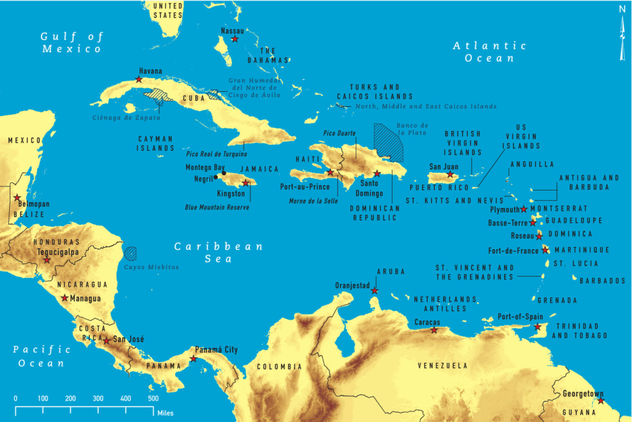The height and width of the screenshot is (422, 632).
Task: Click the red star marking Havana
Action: [x=139, y=80]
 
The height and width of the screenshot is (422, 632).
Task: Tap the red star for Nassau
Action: [x=235, y=39]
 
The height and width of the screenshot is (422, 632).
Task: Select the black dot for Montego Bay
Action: [x=223, y=173]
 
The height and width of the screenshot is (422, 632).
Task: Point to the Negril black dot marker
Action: [x=215, y=178]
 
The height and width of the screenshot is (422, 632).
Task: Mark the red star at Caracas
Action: [x=434, y=331]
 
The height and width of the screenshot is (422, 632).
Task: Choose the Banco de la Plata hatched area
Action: [x=388, y=143]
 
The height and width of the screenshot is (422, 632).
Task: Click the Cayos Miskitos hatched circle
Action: [x=130, y=253]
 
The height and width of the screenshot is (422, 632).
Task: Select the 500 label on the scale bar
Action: [x=152, y=398]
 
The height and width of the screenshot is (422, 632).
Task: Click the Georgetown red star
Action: [x=601, y=402]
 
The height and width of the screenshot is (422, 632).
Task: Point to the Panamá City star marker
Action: [x=193, y=358]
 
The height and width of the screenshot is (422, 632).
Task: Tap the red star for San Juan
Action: [x=450, y=175]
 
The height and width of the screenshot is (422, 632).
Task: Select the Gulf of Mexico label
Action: [x=71, y=43]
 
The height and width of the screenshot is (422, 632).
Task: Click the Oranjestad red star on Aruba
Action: [x=374, y=291]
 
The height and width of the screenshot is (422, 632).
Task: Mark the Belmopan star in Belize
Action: [x=17, y=198]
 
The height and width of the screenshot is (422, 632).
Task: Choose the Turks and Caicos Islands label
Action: [x=375, y=92]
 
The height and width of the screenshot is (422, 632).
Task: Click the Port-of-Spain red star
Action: [x=538, y=326]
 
